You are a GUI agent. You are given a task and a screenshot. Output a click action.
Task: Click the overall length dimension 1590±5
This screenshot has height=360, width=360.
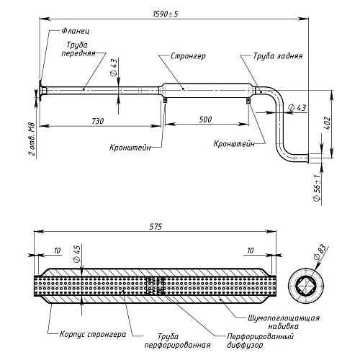tap(166, 14)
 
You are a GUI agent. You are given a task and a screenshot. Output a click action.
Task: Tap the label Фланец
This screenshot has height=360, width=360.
tap(76, 31)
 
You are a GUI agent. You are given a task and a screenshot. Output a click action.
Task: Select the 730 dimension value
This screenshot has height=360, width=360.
tap(98, 121)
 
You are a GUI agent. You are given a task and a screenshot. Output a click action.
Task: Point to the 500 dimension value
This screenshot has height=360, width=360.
tap(205, 120)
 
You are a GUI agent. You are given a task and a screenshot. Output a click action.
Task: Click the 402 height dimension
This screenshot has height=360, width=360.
tap(328, 123)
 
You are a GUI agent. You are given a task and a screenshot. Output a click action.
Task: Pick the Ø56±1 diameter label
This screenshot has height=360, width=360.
tap(317, 188)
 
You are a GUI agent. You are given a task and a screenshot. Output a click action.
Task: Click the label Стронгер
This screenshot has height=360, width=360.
tap(188, 56)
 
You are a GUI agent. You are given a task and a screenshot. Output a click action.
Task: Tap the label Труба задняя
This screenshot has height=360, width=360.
tap(278, 56)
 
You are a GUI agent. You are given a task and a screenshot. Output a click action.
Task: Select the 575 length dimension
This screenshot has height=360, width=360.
tap(156, 226)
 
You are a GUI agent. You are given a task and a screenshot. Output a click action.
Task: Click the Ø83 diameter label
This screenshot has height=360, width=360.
tap(320, 252)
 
